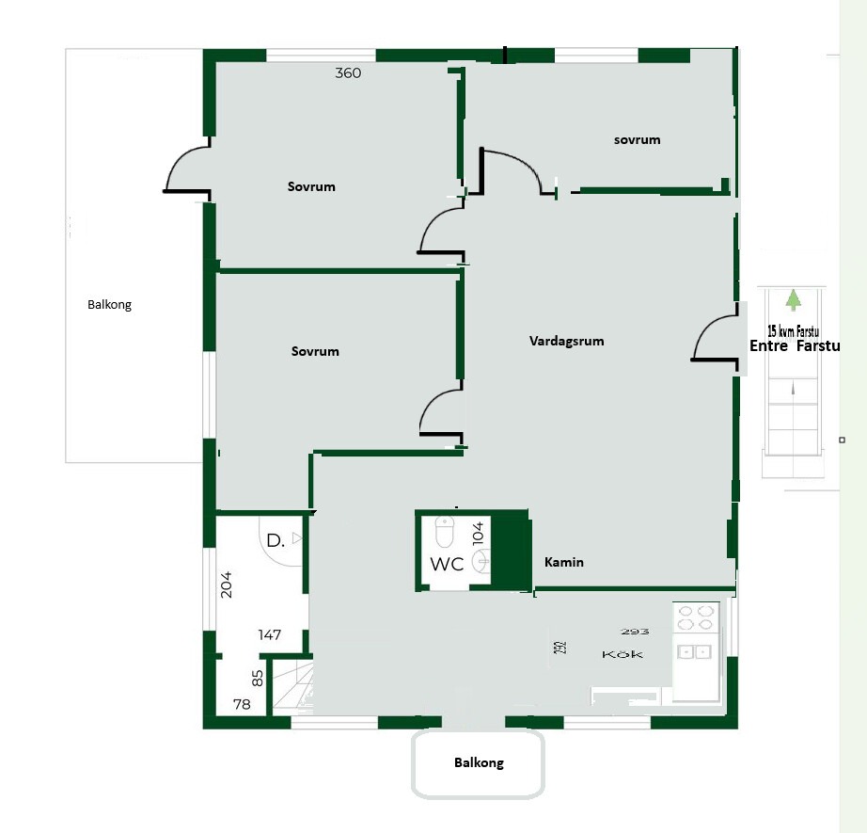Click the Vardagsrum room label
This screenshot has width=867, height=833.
point(566,342)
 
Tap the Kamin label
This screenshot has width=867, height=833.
point(564,562)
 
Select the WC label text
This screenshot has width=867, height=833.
point(447,565)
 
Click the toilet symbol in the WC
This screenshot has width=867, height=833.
point(444,532)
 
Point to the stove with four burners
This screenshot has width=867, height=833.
point(696,617)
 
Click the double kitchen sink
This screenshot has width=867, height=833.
point(695,652)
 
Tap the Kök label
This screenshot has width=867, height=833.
point(623,655)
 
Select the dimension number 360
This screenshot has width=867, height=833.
point(348,73)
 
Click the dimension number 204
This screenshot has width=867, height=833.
point(226,585)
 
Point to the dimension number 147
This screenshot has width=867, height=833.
point(269,634)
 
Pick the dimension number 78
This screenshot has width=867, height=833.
point(242,704)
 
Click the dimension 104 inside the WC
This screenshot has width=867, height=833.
point(479,533)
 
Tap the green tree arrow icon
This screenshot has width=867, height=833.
point(794,300)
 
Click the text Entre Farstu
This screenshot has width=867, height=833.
point(795,346)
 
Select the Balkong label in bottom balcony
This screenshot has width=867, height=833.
point(479,762)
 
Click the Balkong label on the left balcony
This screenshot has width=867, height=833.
point(109,305)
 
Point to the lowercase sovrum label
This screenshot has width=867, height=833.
point(637,140)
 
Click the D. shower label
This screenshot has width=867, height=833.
point(276,541)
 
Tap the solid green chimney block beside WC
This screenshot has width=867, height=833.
point(511,552)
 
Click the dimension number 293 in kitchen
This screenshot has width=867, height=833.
point(635,632)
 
